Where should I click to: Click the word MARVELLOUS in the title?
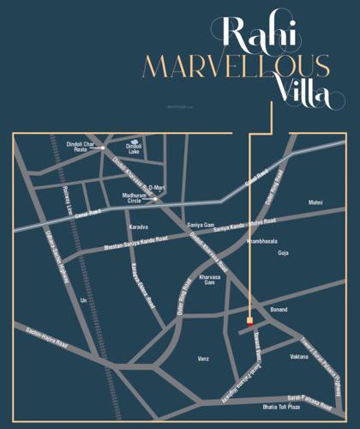pos(236,65)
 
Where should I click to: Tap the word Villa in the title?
pos(299,96)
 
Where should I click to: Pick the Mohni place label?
pos(315,202)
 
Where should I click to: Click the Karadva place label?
pos(138,227)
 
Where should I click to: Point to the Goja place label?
pos(284,254)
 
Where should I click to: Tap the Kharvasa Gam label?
pos(211,280)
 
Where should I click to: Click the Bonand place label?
pos(279,308)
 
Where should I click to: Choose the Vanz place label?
pos(202,358)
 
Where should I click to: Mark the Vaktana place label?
pos(299,354)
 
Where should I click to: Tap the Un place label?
pos(82,300)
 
